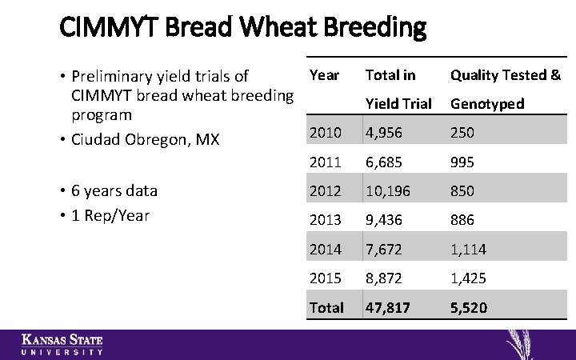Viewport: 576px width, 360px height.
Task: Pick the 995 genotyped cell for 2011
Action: (x=462, y=162)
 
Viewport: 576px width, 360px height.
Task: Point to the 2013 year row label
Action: (x=325, y=220)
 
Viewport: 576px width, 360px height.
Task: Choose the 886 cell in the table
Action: (x=462, y=220)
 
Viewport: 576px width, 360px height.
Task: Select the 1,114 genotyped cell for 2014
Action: (x=468, y=250)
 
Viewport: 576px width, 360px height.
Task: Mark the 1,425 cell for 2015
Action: (x=468, y=278)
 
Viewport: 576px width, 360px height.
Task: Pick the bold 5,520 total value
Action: (x=469, y=308)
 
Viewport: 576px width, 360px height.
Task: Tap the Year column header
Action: (x=324, y=75)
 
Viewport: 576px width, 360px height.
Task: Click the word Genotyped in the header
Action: (x=487, y=104)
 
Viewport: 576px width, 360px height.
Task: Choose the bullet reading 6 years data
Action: (x=114, y=191)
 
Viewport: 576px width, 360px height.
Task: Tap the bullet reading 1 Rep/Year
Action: (x=110, y=215)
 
